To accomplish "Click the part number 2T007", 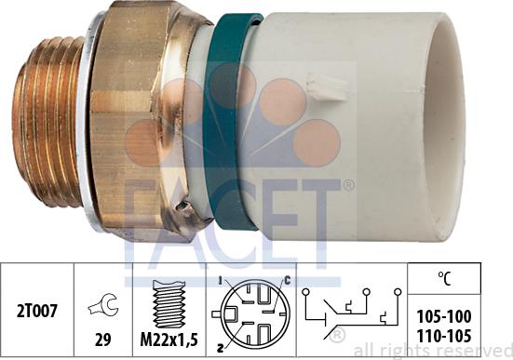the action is coord(37,311).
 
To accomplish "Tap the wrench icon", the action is coord(104,304).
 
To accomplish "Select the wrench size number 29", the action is coord(102,340).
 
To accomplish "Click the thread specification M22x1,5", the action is coord(169,340).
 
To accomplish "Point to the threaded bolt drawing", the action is coord(169,305).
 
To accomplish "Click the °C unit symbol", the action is coord(444,278).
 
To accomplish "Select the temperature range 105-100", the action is coord(444,316).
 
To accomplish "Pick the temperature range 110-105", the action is coord(444,336).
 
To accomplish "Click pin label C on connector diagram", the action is coord(287,280).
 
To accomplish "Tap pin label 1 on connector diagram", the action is coord(221,280).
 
